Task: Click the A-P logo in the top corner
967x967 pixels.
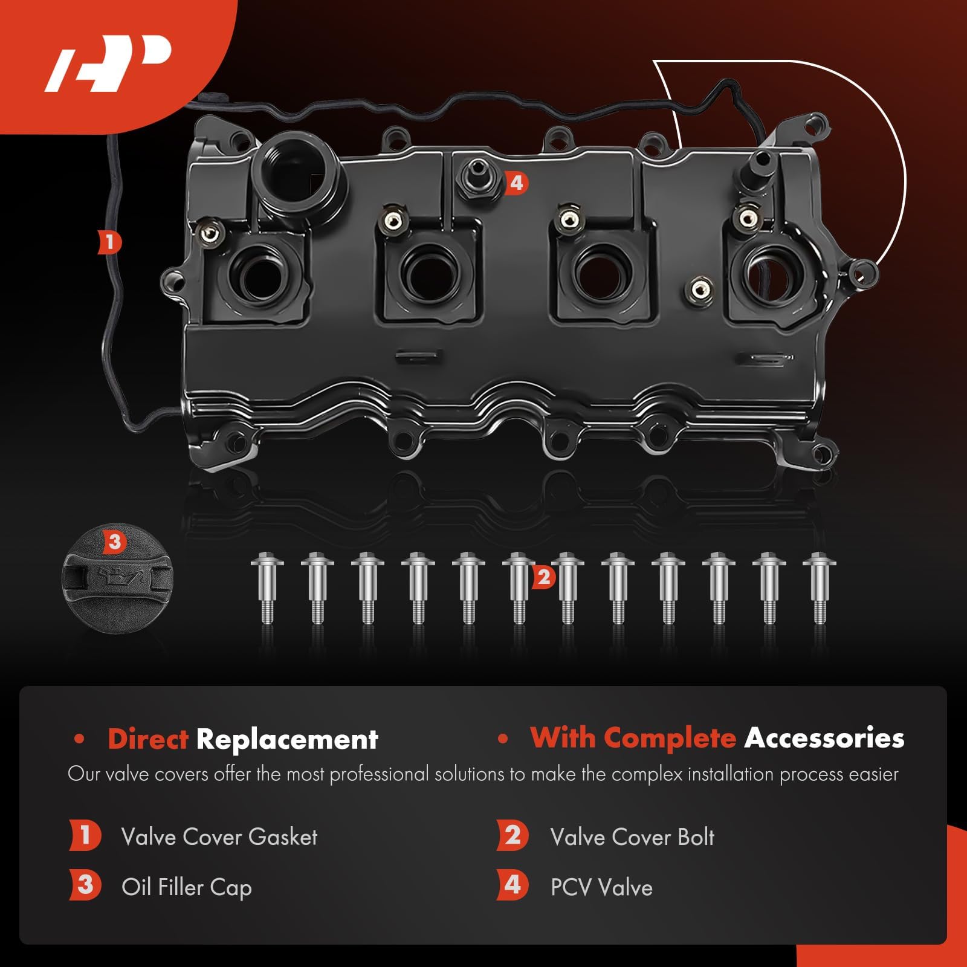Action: [x=109, y=66]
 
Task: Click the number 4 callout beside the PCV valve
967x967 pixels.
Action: [x=516, y=182]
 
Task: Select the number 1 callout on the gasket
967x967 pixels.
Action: [x=110, y=243]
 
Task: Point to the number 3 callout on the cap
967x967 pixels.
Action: [x=114, y=542]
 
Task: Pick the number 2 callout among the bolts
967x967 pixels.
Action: [x=543, y=577]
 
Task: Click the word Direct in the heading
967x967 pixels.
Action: [x=148, y=739]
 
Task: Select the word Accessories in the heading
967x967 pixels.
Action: [x=824, y=738]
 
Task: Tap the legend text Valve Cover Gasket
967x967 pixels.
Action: [x=219, y=837]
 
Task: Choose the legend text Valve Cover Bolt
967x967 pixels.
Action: [x=632, y=837]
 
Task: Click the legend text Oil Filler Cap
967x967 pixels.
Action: [x=187, y=887]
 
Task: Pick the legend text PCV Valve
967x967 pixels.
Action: [x=601, y=887]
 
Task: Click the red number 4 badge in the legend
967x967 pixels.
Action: [x=513, y=885]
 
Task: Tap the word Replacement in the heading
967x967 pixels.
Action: [x=287, y=739]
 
